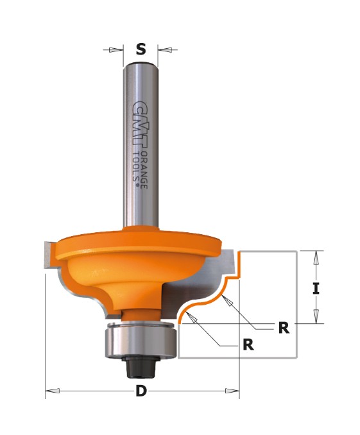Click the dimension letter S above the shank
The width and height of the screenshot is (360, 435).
coord(141,49)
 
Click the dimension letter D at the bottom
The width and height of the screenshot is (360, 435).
coord(141,391)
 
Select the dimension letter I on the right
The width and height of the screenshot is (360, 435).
coord(316,289)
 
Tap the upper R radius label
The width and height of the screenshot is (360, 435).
coord(284,328)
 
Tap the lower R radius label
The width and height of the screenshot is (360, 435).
coord(248,345)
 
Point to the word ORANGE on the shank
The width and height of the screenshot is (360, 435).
coord(144,169)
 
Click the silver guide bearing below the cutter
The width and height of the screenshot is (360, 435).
coord(140,341)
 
